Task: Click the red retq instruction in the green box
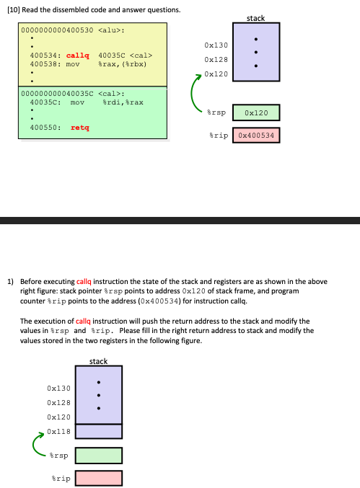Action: [80, 128]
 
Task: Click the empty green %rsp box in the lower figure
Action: [98, 456]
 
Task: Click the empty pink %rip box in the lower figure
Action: [98, 478]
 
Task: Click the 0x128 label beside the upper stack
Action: [216, 60]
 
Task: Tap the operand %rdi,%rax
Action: [123, 102]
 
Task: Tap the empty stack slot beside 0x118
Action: [98, 431]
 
